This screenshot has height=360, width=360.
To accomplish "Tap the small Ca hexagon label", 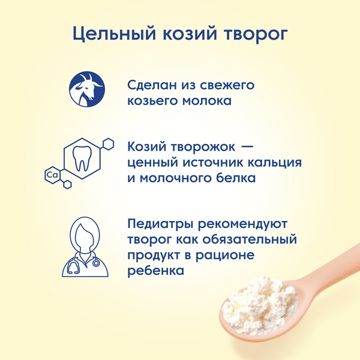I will (52, 176).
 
